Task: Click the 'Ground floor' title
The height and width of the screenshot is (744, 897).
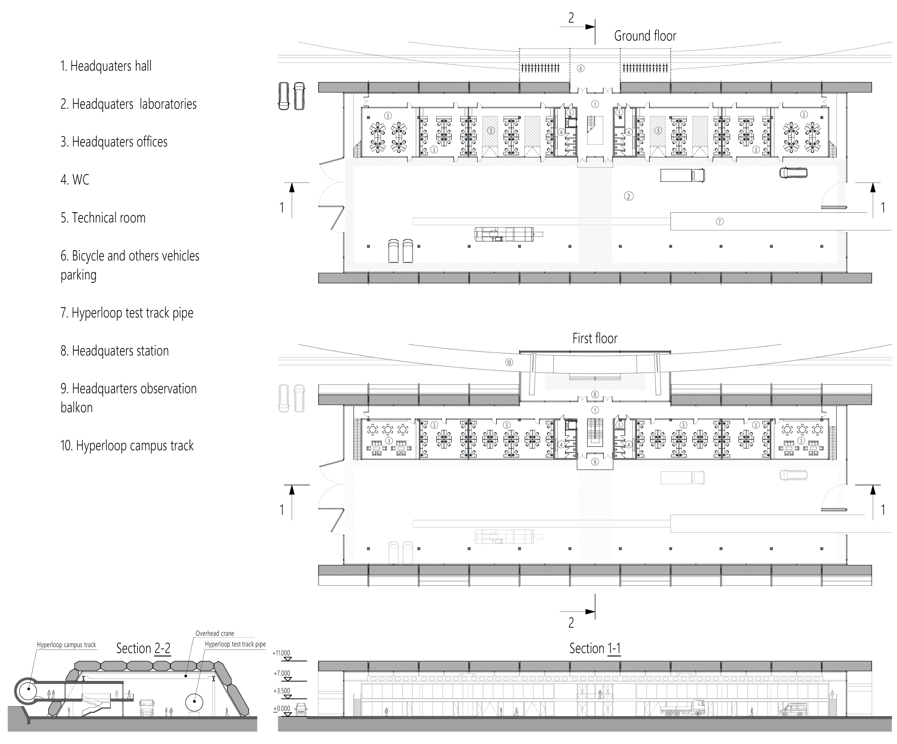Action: [645, 36]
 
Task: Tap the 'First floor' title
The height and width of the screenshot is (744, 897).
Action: [594, 339]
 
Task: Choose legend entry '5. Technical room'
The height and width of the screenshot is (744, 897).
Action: [103, 218]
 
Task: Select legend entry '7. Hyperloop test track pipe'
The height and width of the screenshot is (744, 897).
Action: [127, 313]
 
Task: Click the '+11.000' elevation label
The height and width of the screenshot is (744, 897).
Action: [281, 653]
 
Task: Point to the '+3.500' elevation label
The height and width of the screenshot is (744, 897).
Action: [281, 690]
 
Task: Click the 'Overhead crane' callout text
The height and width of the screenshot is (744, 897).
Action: [215, 633]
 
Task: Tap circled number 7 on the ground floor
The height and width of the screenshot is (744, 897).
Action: [720, 221]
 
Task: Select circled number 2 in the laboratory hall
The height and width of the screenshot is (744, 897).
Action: [628, 196]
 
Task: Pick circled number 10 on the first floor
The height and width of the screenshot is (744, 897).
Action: [509, 362]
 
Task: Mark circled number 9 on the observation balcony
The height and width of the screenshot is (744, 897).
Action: [595, 462]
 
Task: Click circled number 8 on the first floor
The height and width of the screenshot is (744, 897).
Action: [595, 394]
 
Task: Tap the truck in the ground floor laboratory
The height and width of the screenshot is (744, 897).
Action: [682, 175]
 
